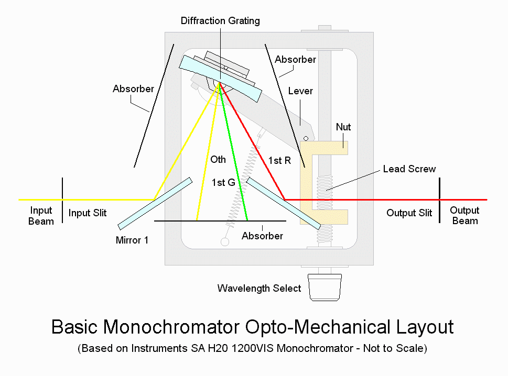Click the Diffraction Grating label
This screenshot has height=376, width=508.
click(220, 21)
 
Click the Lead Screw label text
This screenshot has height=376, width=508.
click(409, 169)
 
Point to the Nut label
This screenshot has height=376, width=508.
click(343, 127)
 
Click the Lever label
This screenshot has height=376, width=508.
click(300, 91)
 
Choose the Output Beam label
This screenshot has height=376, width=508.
click(464, 215)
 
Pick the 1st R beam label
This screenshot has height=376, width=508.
click(279, 161)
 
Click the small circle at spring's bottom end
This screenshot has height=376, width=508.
click(225, 242)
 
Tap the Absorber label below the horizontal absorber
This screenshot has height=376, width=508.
click(262, 236)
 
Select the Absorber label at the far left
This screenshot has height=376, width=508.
click(133, 89)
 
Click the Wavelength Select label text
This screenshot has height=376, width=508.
click(259, 289)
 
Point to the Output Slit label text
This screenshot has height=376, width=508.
click(409, 213)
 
